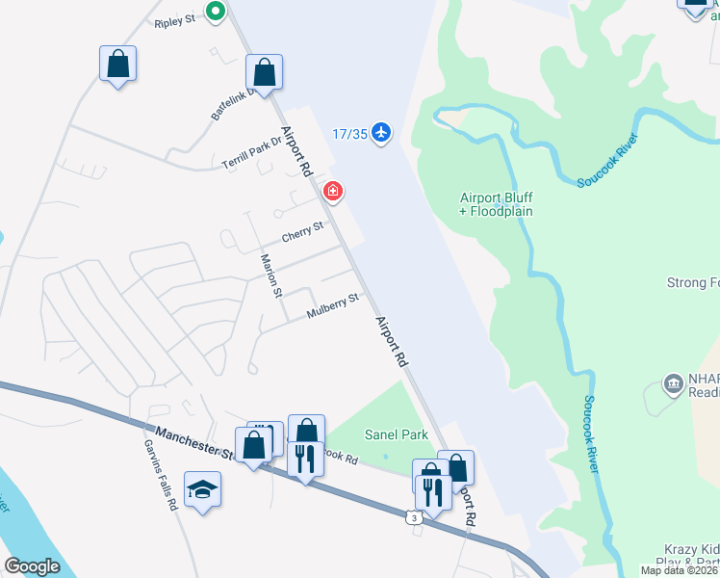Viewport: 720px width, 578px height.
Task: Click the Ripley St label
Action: (175, 19)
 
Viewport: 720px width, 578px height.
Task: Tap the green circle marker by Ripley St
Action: (217, 12)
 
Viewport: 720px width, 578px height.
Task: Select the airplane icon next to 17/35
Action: (383, 132)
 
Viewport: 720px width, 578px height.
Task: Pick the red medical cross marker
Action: (333, 191)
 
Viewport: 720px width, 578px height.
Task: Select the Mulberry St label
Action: (332, 306)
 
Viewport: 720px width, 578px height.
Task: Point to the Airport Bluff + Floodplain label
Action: (496, 204)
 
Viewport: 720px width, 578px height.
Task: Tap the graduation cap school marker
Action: (202, 489)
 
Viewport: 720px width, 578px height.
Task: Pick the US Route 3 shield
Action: (414, 518)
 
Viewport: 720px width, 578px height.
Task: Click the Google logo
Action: (32, 565)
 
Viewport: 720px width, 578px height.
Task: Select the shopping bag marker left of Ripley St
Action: (117, 65)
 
